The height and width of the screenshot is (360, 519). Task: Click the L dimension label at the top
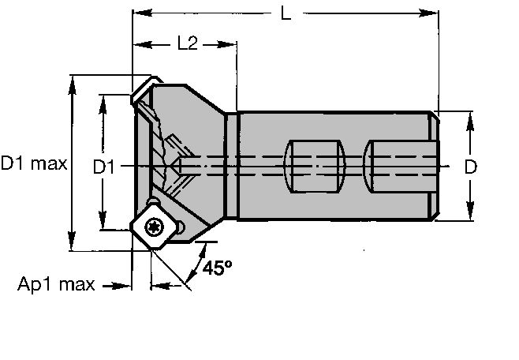point(286,14)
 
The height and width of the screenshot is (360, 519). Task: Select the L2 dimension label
point(186,44)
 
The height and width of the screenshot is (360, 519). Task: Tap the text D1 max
point(34,165)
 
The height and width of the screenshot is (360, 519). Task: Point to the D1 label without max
point(104,167)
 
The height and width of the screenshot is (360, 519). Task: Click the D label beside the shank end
point(470,167)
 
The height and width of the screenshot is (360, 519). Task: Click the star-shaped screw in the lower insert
point(153,227)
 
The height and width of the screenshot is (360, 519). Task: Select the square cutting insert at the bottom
point(153,227)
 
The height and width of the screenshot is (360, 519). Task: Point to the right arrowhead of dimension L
point(433,13)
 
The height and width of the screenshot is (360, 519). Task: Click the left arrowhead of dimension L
point(138,13)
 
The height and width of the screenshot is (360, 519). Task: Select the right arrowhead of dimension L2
point(232,45)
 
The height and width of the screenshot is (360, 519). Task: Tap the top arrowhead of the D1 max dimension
point(73,88)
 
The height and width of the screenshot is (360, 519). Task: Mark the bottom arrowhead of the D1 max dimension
point(73,246)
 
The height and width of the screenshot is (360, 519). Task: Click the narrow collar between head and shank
point(233,167)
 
